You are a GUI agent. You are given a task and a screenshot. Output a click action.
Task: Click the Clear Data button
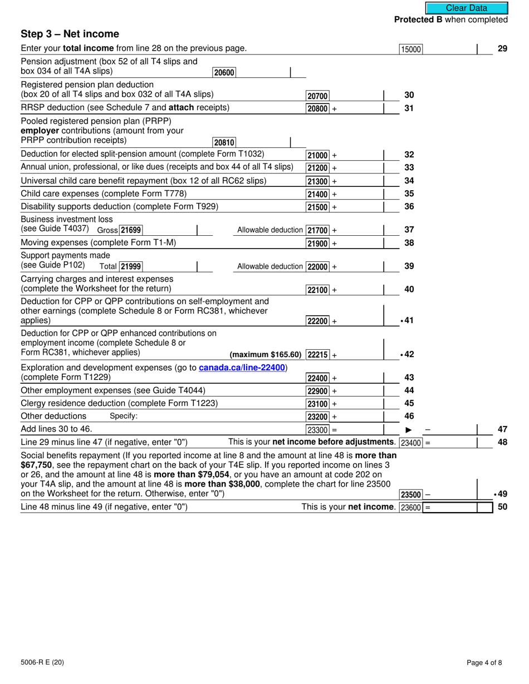point(466,8)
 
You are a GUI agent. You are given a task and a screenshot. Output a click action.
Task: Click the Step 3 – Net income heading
point(70,34)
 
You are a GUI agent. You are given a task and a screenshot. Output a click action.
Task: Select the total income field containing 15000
point(411,49)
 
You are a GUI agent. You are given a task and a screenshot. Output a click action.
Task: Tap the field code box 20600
point(224,72)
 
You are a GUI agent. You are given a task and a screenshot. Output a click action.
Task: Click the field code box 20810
point(224,142)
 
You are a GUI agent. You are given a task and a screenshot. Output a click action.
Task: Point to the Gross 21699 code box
point(131,230)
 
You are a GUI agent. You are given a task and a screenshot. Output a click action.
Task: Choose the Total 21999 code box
point(131,267)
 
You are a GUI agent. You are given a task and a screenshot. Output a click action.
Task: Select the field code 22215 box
point(318,355)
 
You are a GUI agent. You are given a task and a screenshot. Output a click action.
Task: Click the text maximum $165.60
point(265,355)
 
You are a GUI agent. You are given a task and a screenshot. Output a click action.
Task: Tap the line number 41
point(408,321)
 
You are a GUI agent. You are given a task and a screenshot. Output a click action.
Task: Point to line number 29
point(502,49)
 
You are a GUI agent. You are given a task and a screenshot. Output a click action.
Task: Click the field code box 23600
point(411,507)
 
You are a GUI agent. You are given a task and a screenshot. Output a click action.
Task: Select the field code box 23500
point(411,494)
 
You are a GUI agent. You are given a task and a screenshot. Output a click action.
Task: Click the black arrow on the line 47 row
point(408,429)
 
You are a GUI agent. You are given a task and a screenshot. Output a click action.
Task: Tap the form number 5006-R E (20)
point(40,662)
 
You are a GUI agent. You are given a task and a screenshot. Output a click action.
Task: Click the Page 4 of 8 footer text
point(484,662)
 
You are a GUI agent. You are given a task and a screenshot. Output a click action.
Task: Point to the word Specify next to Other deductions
point(123,417)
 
